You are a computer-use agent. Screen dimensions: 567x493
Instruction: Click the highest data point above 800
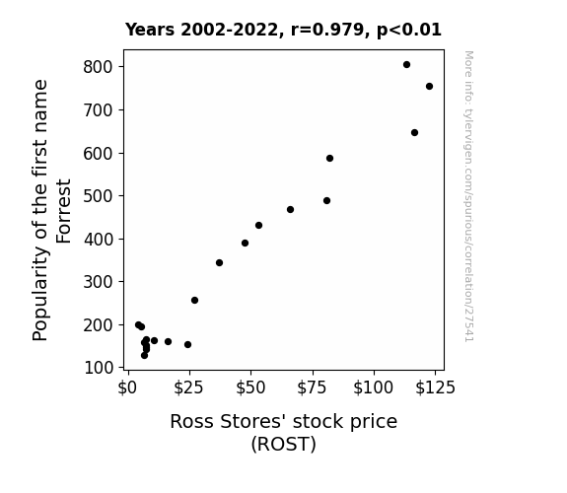406,65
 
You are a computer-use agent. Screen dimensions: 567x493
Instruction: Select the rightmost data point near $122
429,87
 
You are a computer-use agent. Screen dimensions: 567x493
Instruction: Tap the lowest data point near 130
144,356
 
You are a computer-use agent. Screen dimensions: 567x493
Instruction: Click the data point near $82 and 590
329,159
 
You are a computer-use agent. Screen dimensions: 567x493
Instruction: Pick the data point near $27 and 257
194,300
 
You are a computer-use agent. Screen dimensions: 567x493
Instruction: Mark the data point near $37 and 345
219,263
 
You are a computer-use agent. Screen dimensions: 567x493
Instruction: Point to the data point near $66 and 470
290,210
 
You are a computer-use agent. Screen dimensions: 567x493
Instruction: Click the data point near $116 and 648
414,133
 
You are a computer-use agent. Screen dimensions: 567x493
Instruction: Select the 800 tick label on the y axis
99,67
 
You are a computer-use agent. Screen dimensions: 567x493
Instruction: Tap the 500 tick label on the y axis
99,196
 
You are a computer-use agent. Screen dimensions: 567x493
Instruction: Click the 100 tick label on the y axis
99,368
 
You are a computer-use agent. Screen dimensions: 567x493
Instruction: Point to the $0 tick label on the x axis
127,388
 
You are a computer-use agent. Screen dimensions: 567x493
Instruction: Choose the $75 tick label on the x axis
312,388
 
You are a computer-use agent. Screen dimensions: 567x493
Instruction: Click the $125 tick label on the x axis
435,388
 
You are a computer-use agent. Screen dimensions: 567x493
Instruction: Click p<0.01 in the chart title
409,31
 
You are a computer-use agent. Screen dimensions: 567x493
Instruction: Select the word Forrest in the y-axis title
64,211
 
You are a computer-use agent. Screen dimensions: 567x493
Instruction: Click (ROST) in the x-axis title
284,444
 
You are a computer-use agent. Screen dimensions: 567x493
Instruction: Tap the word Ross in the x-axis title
192,422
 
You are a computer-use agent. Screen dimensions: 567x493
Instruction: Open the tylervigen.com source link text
468,195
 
